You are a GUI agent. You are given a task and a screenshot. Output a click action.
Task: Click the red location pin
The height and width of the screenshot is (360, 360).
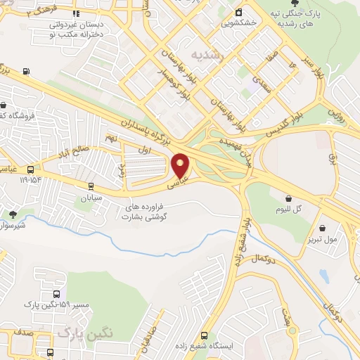pyautogui.click(x=181, y=165)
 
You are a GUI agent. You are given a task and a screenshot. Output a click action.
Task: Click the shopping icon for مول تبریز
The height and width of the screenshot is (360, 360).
pyautogui.click(x=323, y=228)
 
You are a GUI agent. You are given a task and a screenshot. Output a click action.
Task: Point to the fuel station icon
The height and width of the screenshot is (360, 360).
pyautogui.click(x=27, y=70)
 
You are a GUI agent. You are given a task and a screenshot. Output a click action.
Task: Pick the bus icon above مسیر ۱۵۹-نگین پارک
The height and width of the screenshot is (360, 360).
pyautogui.click(x=56, y=294)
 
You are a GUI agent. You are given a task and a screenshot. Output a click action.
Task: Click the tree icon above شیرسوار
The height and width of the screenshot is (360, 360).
pyautogui.click(x=13, y=214)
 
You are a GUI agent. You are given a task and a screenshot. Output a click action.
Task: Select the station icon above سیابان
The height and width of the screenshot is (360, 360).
pyautogui.click(x=91, y=187)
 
